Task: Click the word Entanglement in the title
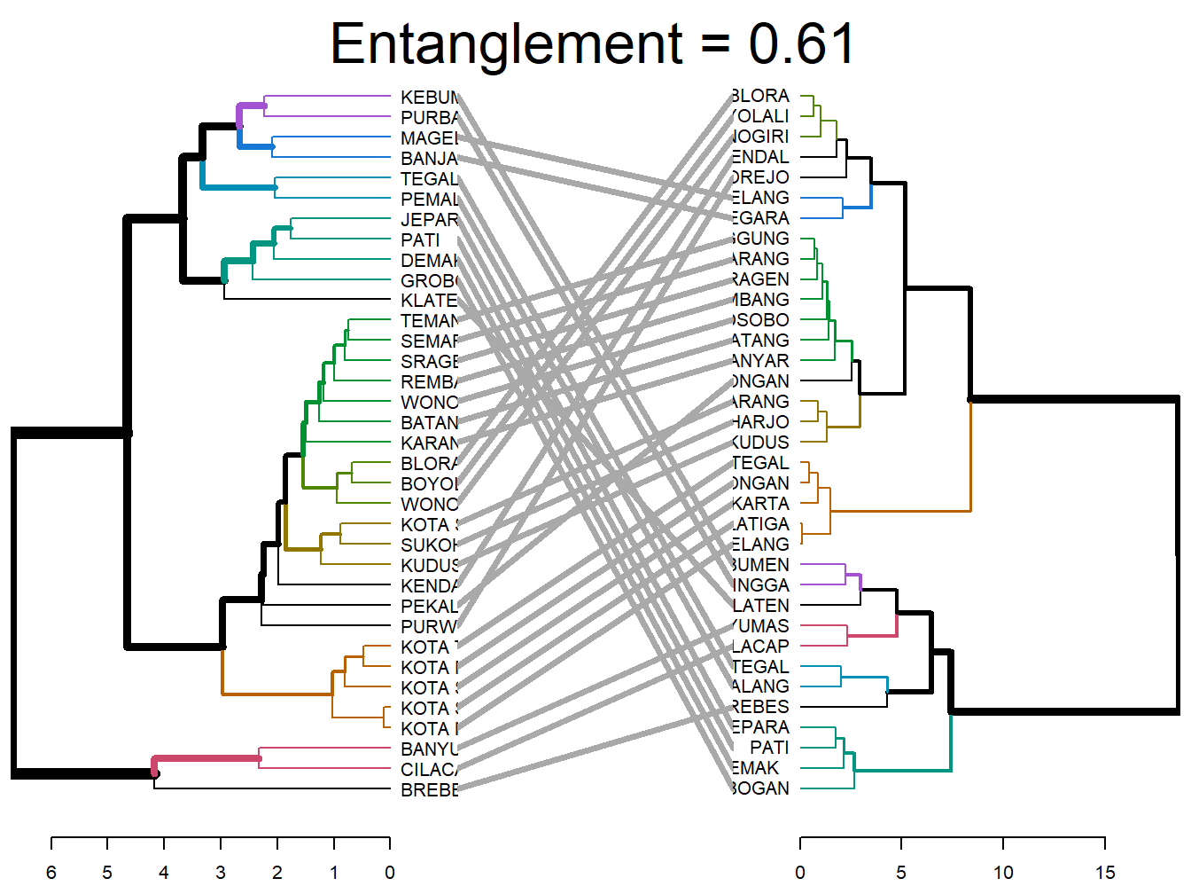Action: coord(506,43)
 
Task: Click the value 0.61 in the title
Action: coord(801,43)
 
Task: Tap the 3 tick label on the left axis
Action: coord(221,872)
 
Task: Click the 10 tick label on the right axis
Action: coord(1003,872)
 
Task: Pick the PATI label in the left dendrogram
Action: coord(420,240)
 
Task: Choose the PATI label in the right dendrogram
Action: coord(768,748)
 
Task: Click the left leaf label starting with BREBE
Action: coord(429,790)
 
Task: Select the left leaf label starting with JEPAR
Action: coord(429,220)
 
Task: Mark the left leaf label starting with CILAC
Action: coord(429,770)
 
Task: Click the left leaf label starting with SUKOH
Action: coord(429,545)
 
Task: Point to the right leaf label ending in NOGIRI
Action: coord(760,137)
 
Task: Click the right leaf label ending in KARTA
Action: coord(760,504)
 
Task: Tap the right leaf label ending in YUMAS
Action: coord(760,626)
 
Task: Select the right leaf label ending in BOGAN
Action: coord(760,788)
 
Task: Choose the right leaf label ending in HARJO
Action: coord(760,422)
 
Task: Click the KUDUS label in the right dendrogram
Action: coord(760,443)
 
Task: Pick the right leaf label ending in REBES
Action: coord(760,707)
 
